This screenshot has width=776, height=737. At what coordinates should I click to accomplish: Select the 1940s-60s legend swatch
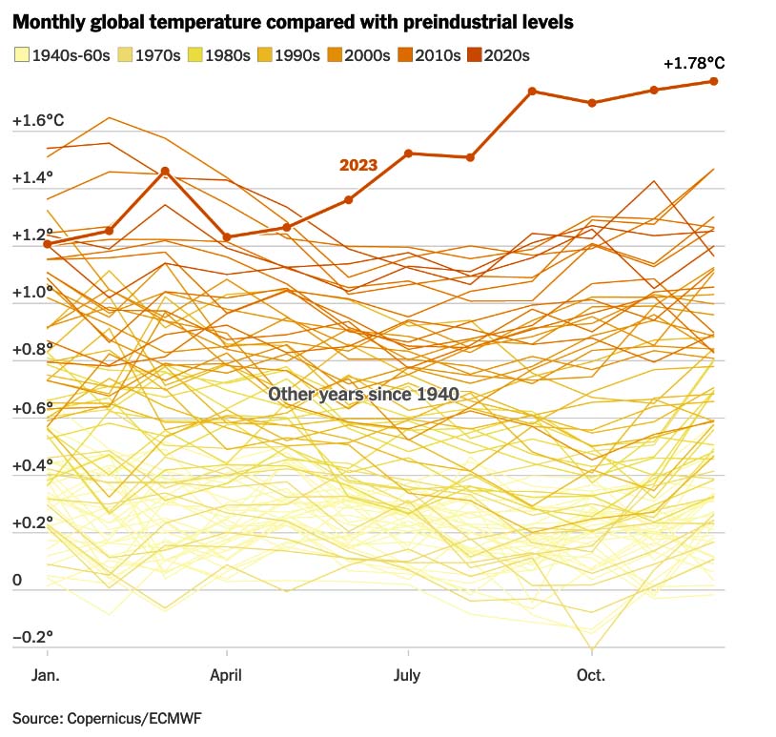pos(21,55)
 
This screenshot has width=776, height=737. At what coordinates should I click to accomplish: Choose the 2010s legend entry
pos(428,55)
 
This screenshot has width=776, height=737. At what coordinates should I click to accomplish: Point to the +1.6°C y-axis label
pos(38,121)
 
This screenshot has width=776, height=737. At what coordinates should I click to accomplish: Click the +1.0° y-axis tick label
pos(33,293)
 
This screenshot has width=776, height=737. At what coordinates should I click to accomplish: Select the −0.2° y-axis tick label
pos(33,637)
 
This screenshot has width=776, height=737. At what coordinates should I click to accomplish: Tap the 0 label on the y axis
pos(17,581)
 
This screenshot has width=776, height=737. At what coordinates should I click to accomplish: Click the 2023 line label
pos(358,165)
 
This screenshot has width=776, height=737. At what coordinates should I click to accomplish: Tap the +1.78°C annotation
pos(694,64)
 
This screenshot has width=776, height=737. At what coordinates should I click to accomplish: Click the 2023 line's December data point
pos(713,81)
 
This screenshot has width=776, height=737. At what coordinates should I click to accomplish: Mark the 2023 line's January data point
pos(47,244)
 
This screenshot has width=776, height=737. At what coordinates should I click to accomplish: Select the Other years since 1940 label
pos(363,394)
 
